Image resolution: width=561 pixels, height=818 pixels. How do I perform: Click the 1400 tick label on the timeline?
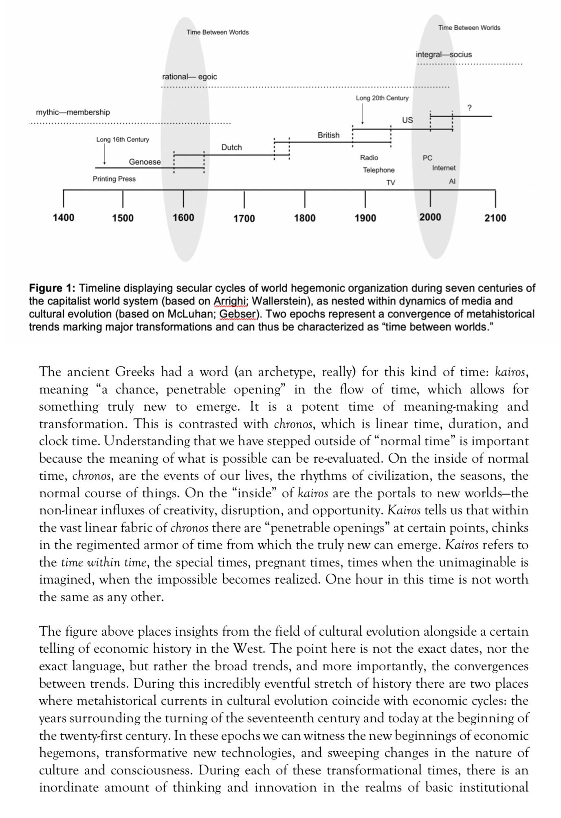point(64,218)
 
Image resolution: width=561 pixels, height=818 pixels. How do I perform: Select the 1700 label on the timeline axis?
point(244,219)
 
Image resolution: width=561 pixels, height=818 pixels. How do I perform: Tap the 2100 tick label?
point(495,218)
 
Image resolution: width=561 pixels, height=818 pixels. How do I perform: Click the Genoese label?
point(145,162)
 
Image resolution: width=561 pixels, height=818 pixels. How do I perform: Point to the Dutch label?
point(231,147)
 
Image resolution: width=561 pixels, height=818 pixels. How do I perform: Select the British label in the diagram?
point(328,135)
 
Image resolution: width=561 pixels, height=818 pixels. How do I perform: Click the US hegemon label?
point(407,120)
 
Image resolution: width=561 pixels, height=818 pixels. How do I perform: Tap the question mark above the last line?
point(469,108)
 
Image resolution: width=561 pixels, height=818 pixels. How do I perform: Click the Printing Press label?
point(114,179)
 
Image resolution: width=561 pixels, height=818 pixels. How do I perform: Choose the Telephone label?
point(379,170)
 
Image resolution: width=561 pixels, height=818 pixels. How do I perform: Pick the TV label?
point(391,183)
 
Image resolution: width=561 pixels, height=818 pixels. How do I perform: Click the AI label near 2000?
point(452,182)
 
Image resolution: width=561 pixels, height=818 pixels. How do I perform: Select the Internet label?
point(444,168)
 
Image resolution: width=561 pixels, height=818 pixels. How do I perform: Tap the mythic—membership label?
point(73,112)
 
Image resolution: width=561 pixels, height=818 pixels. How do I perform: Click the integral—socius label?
point(444,55)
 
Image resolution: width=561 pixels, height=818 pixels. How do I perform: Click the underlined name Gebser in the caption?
point(234,315)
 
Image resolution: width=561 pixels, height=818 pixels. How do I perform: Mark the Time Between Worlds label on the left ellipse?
point(218,33)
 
